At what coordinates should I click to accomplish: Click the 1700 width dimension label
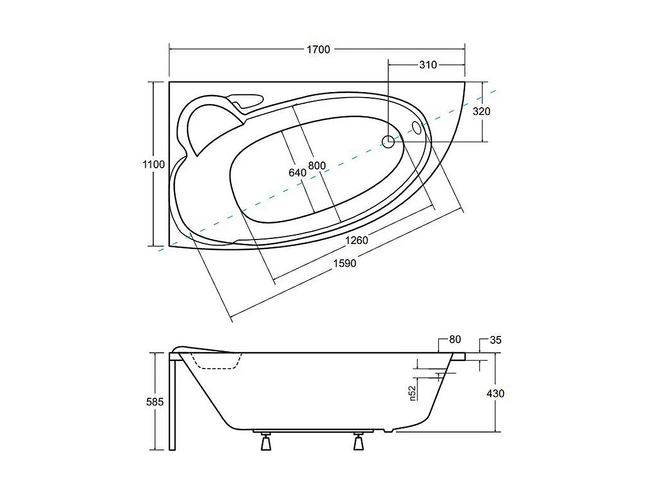(318, 49)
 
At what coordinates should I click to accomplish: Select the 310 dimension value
(428, 65)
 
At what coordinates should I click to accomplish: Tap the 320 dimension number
(481, 111)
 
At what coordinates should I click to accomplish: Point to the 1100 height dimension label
(154, 164)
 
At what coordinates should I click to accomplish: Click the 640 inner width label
(297, 173)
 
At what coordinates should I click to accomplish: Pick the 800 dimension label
(317, 166)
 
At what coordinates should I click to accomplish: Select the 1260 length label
(356, 241)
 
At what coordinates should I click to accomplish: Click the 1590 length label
(344, 263)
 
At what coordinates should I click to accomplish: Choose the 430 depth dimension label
(495, 393)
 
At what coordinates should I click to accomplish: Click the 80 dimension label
(455, 339)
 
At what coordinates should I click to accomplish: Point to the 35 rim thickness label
(495, 339)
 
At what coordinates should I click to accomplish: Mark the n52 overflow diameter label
(412, 393)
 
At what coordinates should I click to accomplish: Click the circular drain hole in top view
(388, 141)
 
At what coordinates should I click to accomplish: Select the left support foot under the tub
(265, 443)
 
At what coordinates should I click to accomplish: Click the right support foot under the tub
(358, 443)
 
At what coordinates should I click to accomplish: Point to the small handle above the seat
(246, 101)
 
